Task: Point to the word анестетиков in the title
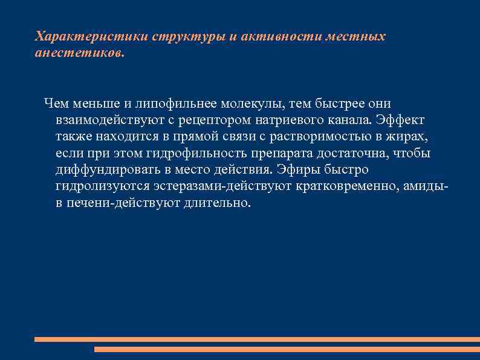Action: [x=79, y=53]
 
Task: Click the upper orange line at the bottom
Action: [x=256, y=339]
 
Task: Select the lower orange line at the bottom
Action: [x=287, y=349]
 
